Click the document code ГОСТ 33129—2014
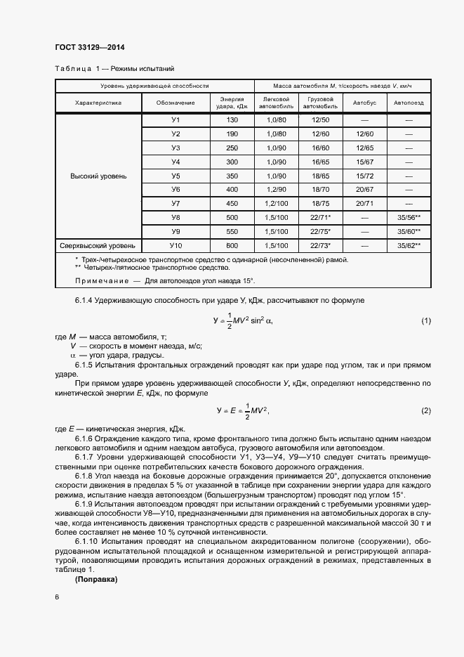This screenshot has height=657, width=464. (89, 48)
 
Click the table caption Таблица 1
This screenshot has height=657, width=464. (77, 69)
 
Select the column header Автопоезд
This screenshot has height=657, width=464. (409, 103)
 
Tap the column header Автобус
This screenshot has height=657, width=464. (364, 103)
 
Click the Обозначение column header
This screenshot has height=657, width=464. (176, 103)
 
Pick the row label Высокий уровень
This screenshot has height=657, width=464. (98, 176)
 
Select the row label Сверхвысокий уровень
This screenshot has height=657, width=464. (98, 245)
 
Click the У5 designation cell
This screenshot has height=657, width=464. (176, 176)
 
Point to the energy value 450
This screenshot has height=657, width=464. (232, 203)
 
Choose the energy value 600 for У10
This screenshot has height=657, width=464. (232, 245)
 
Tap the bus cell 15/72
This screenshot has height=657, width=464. (364, 176)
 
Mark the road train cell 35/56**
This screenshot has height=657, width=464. (409, 217)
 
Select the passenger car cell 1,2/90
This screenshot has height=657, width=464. (277, 190)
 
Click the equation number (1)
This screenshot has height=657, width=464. (425, 321)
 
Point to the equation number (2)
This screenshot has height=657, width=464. (425, 410)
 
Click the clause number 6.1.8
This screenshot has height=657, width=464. (87, 476)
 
